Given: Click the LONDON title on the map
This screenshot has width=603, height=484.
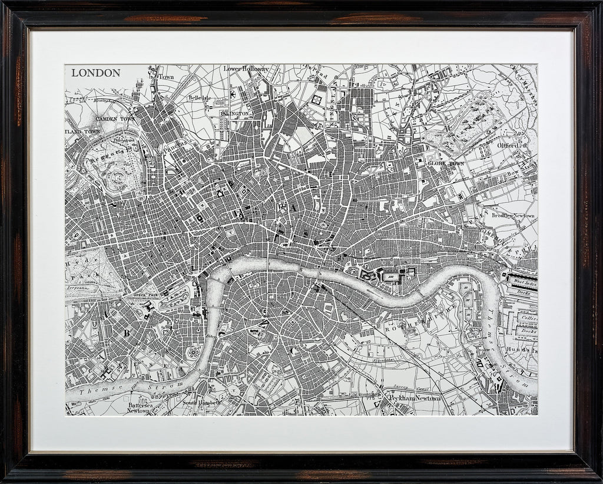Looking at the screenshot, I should coord(95,73).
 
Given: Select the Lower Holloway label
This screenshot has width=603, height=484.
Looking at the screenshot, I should coord(246,69).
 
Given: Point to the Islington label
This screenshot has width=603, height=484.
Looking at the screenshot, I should coord(236,113).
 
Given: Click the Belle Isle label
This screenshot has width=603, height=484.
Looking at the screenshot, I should coord(199,97).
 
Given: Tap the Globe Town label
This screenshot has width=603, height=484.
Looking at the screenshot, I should coord(446,163).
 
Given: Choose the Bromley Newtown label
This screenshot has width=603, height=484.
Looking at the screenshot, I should coord(512,216).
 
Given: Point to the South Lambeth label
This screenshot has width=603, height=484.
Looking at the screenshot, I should coord(200,402).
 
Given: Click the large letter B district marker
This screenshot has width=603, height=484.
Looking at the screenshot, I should coord(125,332).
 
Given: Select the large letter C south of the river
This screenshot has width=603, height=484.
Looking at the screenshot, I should coord(293,350).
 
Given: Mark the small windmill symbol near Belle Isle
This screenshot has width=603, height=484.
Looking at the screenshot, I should coord(233,94).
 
